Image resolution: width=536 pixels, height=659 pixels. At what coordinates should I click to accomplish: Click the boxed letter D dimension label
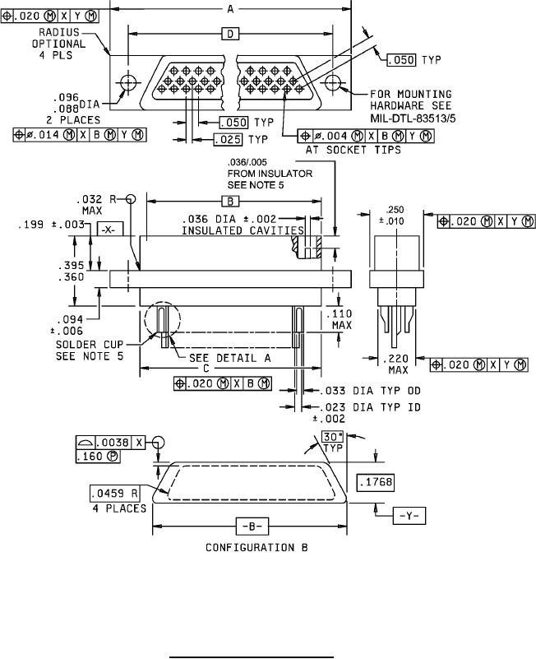click(x=230, y=34)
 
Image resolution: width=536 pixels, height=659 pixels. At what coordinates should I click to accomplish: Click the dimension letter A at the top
click(x=230, y=8)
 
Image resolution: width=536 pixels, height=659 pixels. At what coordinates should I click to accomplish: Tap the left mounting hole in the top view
click(x=128, y=82)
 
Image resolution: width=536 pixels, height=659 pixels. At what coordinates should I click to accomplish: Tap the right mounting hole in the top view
click(x=333, y=82)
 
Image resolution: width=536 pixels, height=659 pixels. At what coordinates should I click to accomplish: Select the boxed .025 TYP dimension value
click(x=228, y=140)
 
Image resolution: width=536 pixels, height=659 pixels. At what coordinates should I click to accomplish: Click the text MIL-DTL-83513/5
click(x=413, y=118)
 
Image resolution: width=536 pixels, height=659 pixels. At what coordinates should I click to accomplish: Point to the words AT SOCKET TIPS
click(x=353, y=150)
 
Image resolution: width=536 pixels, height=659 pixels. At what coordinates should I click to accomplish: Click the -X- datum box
click(x=110, y=230)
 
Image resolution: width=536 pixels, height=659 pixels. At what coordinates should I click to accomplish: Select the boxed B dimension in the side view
click(x=230, y=202)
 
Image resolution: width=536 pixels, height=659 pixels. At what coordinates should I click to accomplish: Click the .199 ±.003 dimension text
click(x=51, y=225)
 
